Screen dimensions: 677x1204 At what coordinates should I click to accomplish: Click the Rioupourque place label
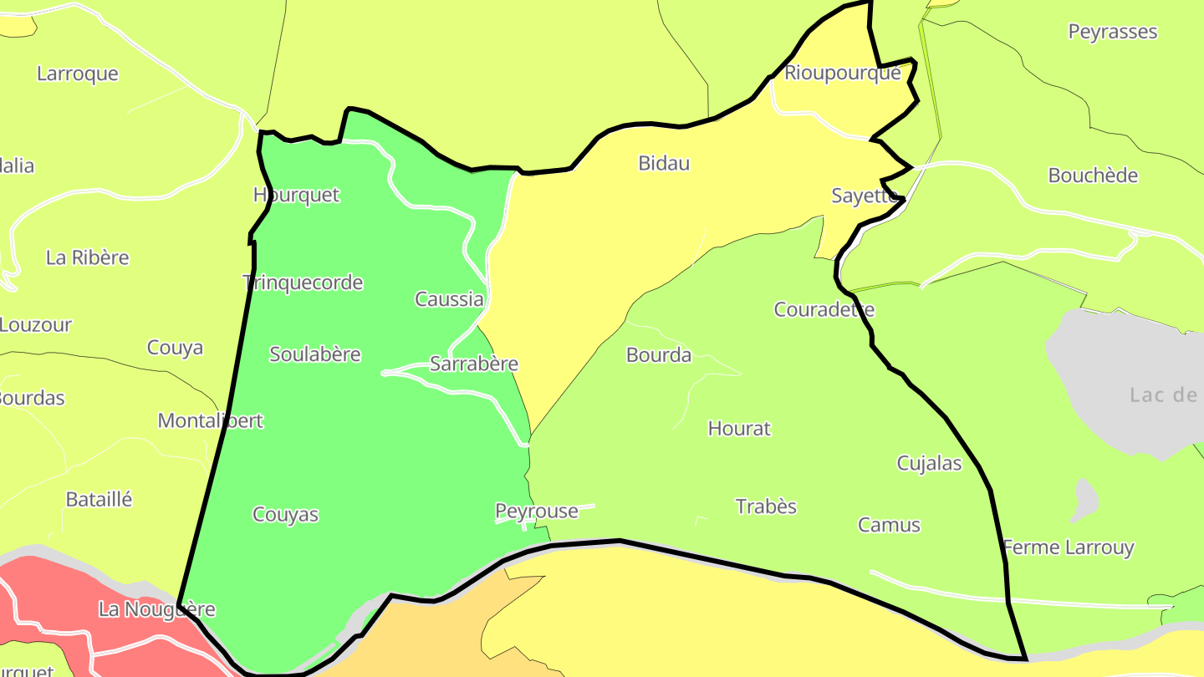[842, 73]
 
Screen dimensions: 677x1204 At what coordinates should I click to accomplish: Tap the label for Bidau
[664, 163]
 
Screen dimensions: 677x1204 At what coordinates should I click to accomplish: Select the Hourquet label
[296, 195]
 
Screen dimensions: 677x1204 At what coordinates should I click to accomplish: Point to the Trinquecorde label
[303, 283]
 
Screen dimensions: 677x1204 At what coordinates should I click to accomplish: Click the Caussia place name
[449, 299]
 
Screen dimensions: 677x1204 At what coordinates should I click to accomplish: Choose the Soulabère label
[314, 354]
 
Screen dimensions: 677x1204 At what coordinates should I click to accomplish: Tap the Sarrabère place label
[473, 364]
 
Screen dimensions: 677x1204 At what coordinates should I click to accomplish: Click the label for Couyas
[285, 515]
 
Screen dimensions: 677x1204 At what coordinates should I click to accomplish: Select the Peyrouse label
[536, 511]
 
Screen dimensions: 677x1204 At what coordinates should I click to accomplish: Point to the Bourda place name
[659, 355]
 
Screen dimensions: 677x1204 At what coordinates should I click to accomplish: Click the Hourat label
[739, 429]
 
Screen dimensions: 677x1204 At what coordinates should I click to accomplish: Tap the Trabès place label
[766, 506]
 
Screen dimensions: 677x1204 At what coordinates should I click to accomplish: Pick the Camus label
[889, 525]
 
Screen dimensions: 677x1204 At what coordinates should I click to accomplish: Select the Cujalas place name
[929, 463]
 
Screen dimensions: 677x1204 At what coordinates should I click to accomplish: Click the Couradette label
[824, 309]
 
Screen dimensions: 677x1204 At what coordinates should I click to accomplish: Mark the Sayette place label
[864, 196]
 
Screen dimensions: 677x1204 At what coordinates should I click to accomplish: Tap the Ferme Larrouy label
[1068, 547]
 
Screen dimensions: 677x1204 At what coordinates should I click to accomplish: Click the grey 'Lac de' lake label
[1163, 394]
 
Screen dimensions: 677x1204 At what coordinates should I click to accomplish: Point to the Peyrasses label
[1112, 32]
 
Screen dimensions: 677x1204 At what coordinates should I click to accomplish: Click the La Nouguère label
[156, 609]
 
